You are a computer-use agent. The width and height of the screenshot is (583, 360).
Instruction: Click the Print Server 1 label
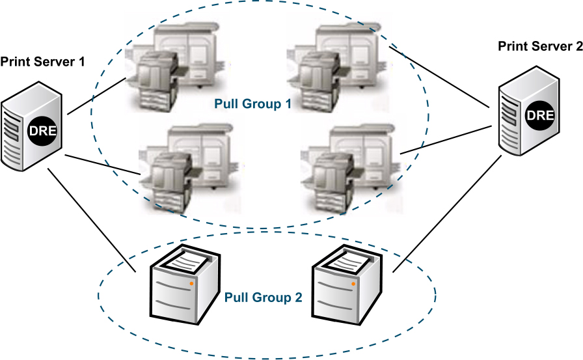(x=43, y=62)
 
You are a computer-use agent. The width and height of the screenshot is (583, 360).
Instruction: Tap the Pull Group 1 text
(x=252, y=104)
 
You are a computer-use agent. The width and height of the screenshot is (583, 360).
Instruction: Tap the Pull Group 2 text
(x=263, y=298)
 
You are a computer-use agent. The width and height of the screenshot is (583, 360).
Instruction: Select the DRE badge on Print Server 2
(x=539, y=116)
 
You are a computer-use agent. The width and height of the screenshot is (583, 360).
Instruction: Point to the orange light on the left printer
(x=191, y=284)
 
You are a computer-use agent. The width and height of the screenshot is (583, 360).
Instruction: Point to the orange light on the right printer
(x=353, y=284)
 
